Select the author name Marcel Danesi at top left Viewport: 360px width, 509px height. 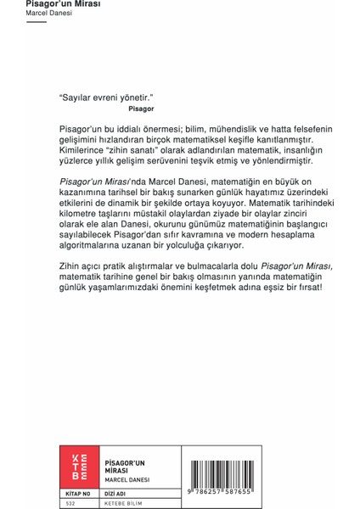pyautogui.click(x=49, y=14)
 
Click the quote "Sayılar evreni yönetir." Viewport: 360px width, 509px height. pyautogui.click(x=106, y=98)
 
